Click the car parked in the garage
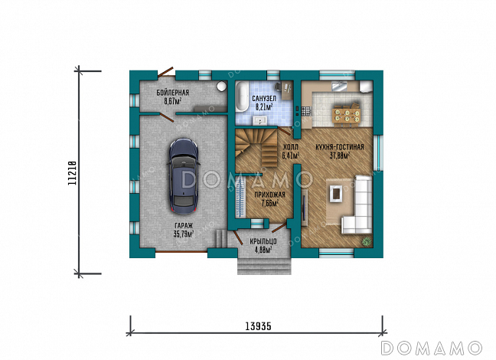coord(184,178)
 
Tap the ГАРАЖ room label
coord(184,226)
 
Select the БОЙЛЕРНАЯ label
coord(173,93)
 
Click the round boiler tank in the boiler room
coord(222,86)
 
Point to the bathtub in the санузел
coord(243,97)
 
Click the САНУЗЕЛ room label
coord(264,99)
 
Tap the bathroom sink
coord(260,120)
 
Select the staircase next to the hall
coord(256,147)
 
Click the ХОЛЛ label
coord(290,147)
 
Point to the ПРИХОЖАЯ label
coord(270,195)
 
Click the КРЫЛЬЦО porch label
coord(263,242)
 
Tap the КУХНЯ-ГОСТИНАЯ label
coord(340,147)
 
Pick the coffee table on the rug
coord(336,193)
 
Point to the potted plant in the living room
coord(367,241)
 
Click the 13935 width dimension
coord(258,326)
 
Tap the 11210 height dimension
coord(73,173)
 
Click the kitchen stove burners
coord(306,111)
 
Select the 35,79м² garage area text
coord(184,234)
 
